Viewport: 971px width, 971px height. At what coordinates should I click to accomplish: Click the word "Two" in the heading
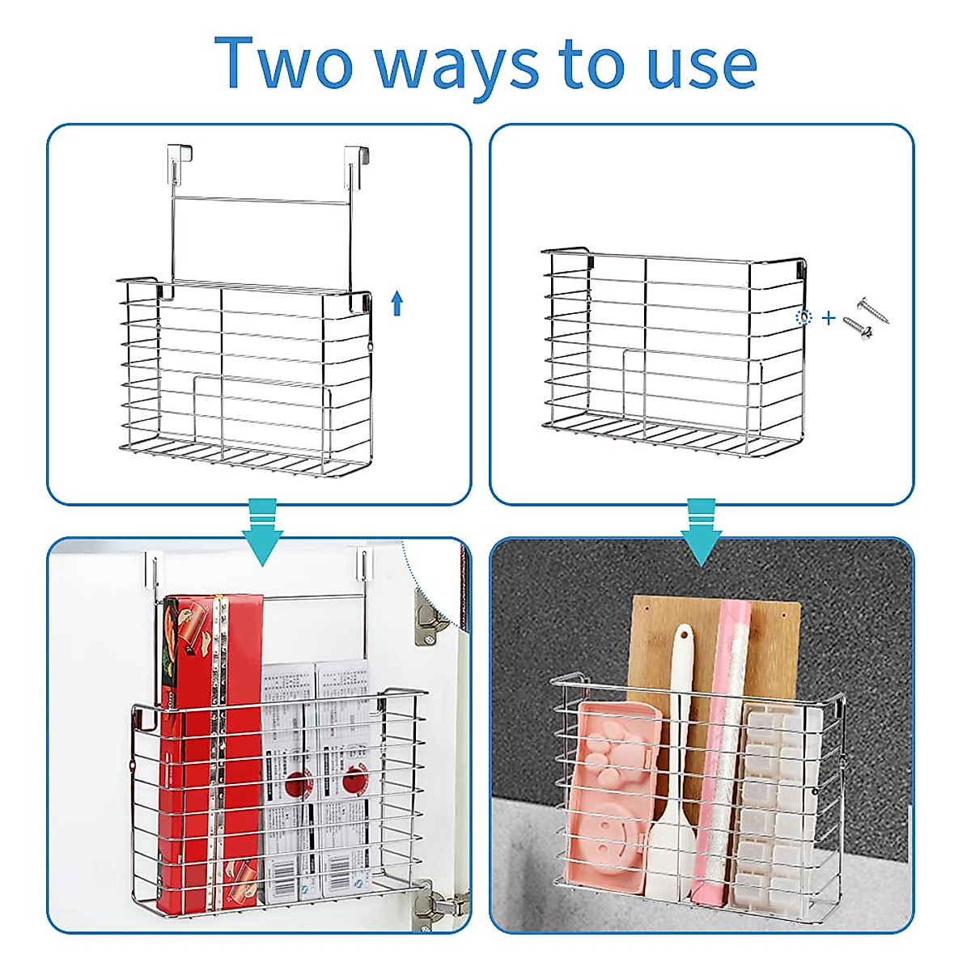pyautogui.click(x=283, y=62)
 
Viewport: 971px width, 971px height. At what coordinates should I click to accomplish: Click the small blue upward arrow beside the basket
pyautogui.click(x=396, y=303)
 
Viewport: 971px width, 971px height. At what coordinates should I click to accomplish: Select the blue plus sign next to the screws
pyautogui.click(x=828, y=318)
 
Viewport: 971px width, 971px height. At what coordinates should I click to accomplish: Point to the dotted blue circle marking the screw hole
pyautogui.click(x=804, y=317)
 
